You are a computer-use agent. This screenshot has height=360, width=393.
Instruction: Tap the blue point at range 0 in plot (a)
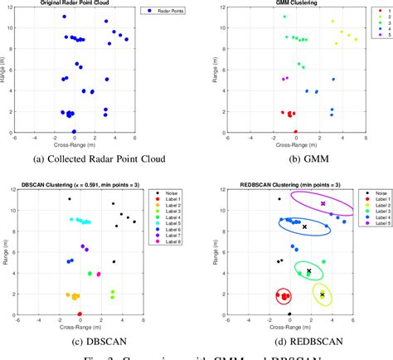(73, 131)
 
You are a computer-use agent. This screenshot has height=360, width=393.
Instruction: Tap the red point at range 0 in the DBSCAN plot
(80, 314)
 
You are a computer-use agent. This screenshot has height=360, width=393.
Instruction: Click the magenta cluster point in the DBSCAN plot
(99, 275)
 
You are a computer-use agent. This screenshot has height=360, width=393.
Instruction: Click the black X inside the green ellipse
(309, 270)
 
